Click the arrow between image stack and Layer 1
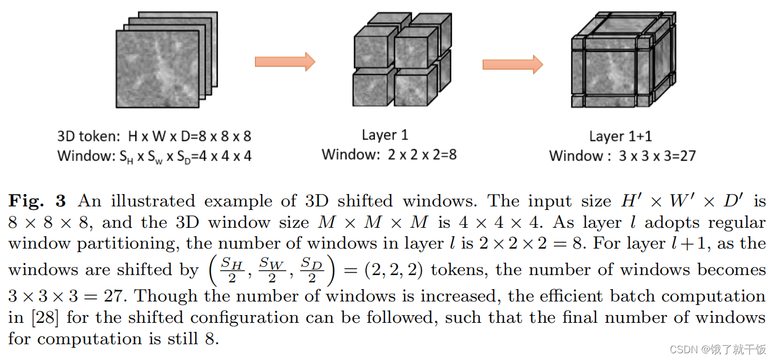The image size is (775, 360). pos(284,61)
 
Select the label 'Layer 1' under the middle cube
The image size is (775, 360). pos(384,135)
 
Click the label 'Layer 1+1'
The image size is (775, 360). pos(621,136)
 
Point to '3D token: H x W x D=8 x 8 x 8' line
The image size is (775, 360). pos(154,136)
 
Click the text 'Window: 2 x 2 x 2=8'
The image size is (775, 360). pos(389,154)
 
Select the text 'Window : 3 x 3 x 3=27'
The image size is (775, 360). pos(622,155)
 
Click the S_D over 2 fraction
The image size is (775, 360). pos(311,270)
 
